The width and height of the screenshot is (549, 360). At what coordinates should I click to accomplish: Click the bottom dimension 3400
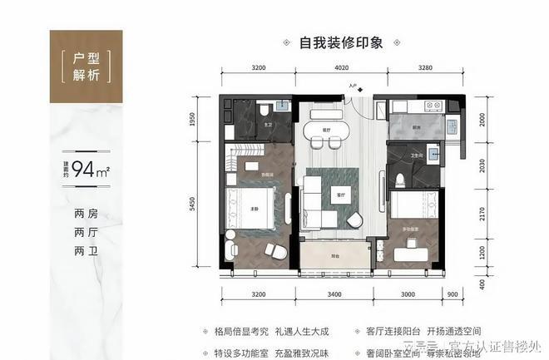[x=334, y=294]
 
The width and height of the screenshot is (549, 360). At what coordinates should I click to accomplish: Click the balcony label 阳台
[x=332, y=259]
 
